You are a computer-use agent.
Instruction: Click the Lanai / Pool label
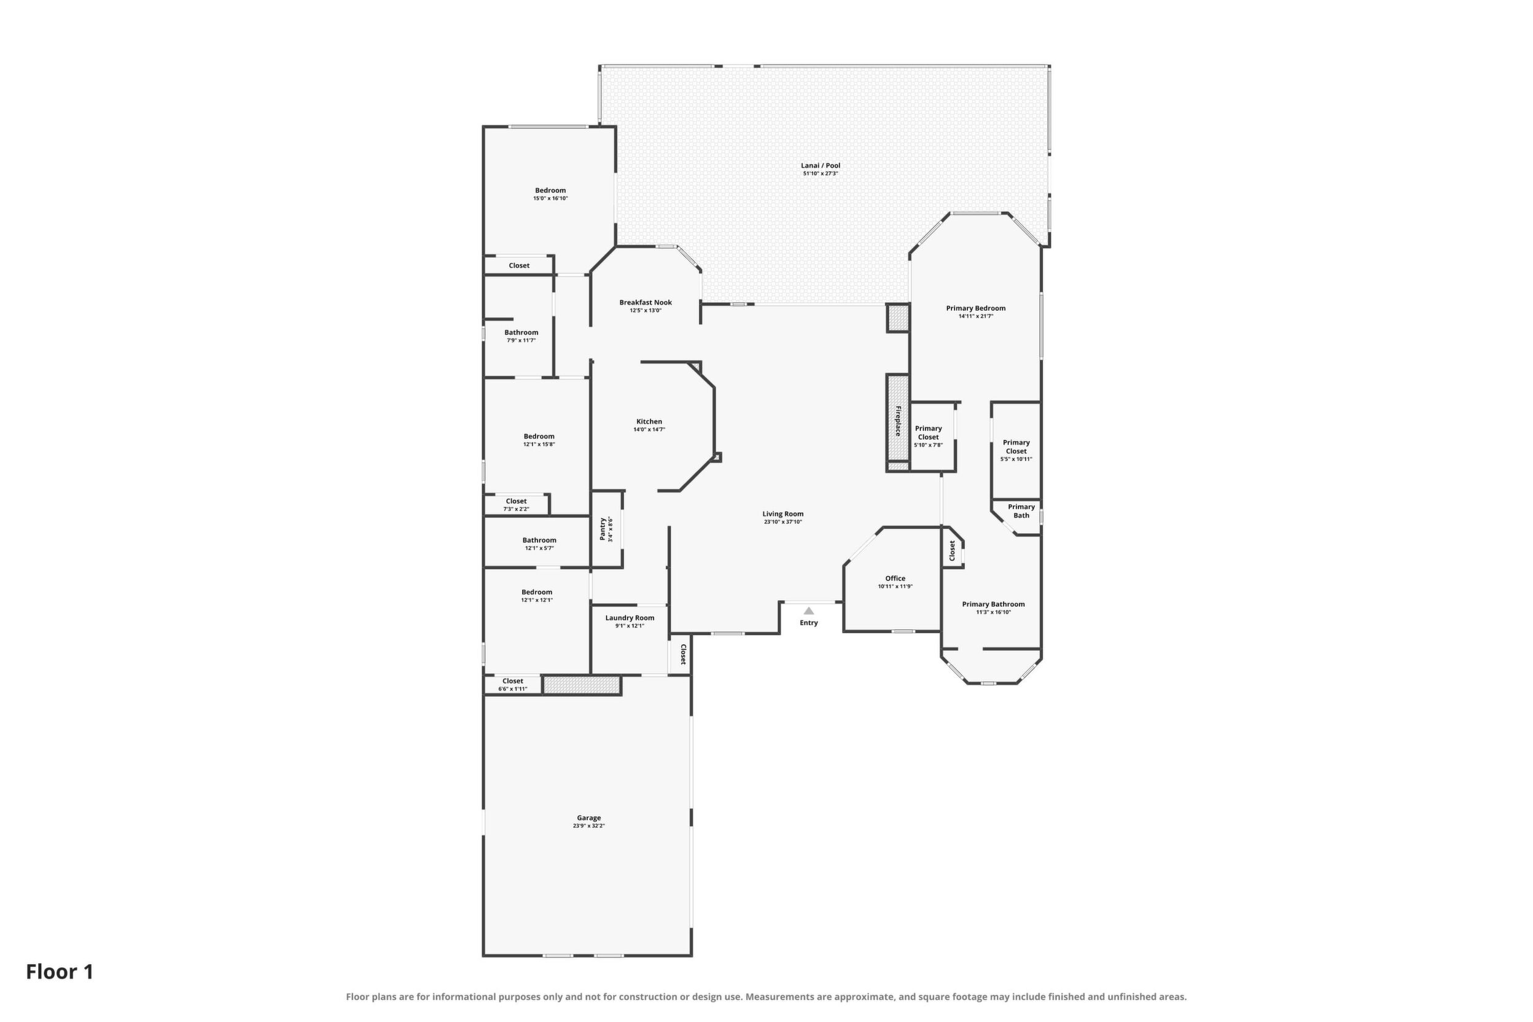coord(821,166)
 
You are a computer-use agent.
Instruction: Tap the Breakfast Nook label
coord(646,302)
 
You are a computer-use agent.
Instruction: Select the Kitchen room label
coord(649,422)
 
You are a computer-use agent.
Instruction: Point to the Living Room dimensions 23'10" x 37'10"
coord(783,522)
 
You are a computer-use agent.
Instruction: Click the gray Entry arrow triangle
coord(809,610)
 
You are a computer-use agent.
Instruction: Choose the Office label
coord(895,578)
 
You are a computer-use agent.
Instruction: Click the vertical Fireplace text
coord(897,421)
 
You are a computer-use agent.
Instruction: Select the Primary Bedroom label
coord(976,308)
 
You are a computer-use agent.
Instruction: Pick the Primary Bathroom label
coord(993,604)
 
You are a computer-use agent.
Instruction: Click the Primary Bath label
coord(1021,511)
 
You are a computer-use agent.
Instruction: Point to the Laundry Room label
coord(630,618)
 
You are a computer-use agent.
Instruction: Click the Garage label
coord(588,818)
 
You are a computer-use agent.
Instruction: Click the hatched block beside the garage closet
coord(582,684)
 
